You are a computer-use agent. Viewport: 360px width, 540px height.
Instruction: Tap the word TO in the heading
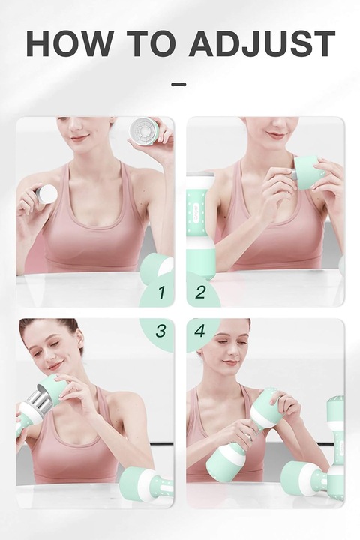[151, 43]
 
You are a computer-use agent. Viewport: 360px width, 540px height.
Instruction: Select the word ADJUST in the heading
[262, 43]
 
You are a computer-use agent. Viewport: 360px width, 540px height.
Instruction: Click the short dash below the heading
[178, 84]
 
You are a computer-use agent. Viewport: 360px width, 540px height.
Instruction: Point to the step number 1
[161, 292]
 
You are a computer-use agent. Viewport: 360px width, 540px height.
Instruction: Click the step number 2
[200, 292]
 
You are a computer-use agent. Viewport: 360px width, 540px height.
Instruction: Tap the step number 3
[160, 331]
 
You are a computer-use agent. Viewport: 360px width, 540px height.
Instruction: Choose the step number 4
[199, 331]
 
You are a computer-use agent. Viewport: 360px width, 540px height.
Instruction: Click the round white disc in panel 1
[46, 194]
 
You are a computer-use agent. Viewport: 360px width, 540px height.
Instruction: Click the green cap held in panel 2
[308, 172]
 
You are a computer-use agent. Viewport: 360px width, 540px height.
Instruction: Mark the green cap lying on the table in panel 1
[157, 270]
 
